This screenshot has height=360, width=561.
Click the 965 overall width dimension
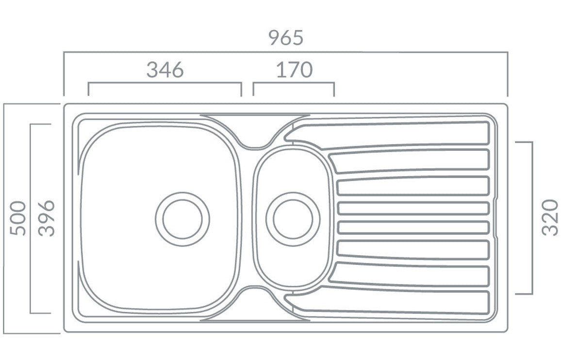[286, 38]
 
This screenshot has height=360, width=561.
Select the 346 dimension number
[165, 70]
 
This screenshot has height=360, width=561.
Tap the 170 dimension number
[294, 70]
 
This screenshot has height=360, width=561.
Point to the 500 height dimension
[18, 218]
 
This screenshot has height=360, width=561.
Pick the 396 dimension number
[47, 218]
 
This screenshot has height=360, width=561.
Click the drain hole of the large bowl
[182, 219]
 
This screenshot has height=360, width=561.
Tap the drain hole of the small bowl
[293, 219]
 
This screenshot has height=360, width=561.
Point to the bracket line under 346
[165, 83]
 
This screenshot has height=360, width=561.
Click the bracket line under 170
[294, 82]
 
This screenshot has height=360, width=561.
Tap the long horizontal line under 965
[286, 52]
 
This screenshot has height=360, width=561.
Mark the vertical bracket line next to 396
[31, 218]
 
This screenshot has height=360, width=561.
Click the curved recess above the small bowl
[253, 131]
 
